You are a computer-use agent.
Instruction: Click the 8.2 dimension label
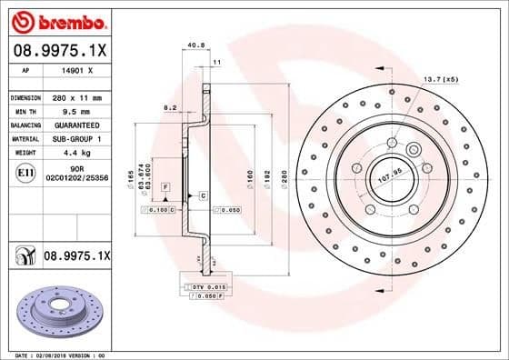169,107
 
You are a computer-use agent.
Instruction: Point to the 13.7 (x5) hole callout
440,80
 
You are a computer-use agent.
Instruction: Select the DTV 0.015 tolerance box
199,287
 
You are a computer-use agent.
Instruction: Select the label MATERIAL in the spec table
23,138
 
